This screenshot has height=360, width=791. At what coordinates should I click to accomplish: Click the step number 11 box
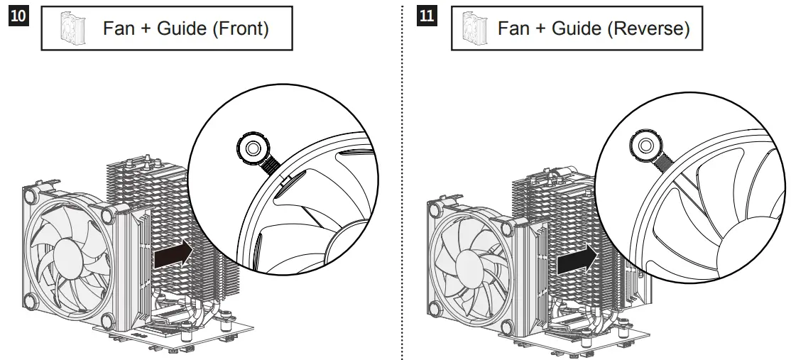[429, 16]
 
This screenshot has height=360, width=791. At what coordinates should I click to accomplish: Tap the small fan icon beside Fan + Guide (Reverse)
[471, 30]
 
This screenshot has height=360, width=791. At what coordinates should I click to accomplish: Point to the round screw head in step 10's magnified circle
[252, 148]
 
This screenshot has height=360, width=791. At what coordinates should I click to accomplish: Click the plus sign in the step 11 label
[538, 30]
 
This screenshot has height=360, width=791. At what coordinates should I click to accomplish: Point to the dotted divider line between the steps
[403, 178]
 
